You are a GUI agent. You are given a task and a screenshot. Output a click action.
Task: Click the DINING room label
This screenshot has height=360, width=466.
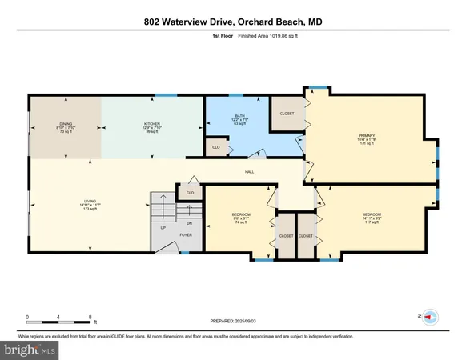66,124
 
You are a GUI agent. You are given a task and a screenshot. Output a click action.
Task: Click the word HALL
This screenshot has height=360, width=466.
249,171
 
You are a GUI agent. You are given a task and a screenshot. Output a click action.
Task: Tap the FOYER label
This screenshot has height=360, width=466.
185,235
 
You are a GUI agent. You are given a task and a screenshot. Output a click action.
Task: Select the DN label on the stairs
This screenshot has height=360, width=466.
189,223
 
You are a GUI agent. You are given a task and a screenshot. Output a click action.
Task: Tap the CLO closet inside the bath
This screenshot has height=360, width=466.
215,147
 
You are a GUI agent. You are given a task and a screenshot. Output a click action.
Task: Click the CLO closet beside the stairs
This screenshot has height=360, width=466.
190,192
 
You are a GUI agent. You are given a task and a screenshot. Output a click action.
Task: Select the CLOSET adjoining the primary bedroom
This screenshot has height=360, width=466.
287,113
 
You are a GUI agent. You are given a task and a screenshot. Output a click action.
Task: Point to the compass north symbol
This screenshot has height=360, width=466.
428,317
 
